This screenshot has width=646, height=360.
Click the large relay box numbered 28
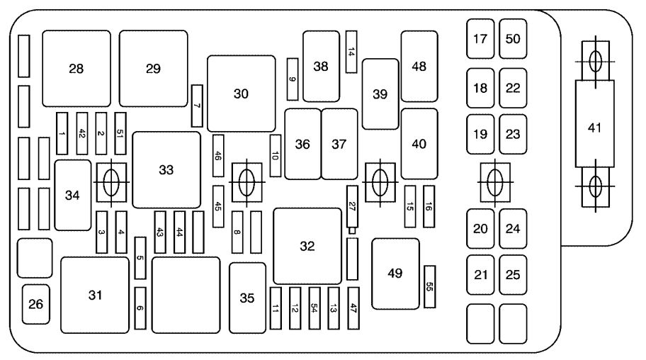76,69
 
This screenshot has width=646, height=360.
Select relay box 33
166,170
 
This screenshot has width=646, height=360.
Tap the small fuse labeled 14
351,52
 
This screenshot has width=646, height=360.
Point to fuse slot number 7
197,106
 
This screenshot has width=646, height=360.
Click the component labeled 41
594,124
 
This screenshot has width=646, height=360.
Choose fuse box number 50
513,39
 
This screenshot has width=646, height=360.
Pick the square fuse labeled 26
36,304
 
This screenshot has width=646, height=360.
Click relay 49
395,274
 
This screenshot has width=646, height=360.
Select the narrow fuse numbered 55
430,286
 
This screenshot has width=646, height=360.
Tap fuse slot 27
352,207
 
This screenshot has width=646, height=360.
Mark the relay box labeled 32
307,246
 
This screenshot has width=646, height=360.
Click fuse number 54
314,308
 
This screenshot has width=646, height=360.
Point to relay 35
248,298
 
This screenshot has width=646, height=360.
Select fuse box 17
480,39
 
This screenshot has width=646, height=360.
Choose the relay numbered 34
73,195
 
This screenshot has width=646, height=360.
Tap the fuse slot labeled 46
218,156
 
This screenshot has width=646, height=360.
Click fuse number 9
293,79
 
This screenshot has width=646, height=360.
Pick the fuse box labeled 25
513,275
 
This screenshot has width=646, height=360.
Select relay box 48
419,67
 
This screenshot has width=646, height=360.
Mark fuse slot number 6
140,308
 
